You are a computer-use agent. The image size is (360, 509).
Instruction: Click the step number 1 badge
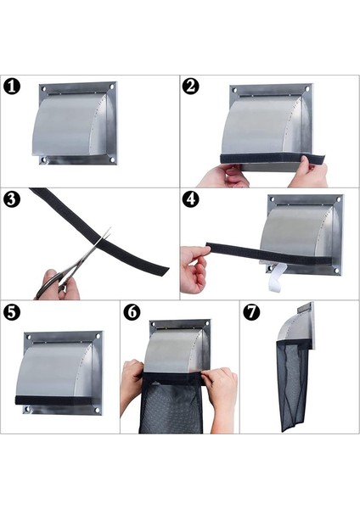pos(12,87)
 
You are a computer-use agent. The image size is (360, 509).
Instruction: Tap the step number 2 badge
pos(190,87)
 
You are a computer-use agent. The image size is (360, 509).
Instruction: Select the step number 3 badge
pos(12,199)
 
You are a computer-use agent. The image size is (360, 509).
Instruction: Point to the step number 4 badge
pos(190,199)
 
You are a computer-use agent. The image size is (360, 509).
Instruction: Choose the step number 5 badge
pos(12,312)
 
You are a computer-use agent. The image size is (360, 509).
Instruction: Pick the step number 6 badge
pos(132,312)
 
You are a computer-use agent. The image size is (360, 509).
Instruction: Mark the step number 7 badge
pos(251,312)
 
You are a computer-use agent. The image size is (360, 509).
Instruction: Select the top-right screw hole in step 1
pos(112,87)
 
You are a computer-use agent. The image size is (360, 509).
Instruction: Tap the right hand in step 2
pos(309,171)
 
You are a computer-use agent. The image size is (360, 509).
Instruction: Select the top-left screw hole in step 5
pos(29,338)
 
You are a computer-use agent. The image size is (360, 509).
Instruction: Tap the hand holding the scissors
pos(58,285)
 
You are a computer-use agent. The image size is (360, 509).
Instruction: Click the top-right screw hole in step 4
pos(338,199)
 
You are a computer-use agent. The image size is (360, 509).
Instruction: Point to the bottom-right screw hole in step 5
pos(97,411)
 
